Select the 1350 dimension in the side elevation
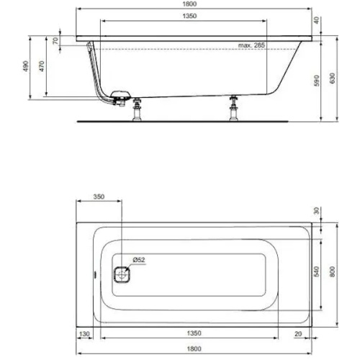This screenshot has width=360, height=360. point(189,16)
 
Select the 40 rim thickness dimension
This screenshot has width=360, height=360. point(317,21)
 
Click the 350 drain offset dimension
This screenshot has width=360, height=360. point(99,197)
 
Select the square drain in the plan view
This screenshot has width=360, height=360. point(123,273)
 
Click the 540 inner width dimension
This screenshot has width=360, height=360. point(317,272)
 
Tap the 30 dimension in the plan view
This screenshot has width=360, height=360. point(317,211)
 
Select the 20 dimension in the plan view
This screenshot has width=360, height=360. point(297,334)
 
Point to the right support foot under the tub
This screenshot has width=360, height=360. point(233,109)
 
